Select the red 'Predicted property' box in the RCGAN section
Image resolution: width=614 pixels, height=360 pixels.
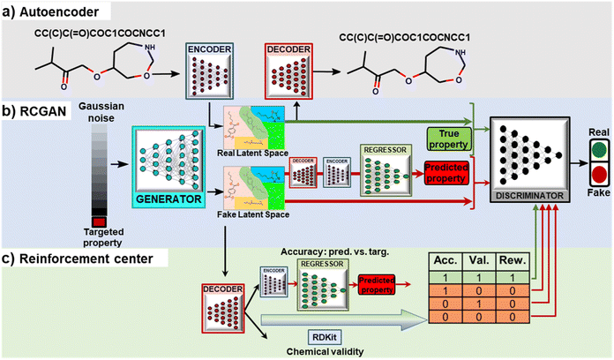tap(446, 169)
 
